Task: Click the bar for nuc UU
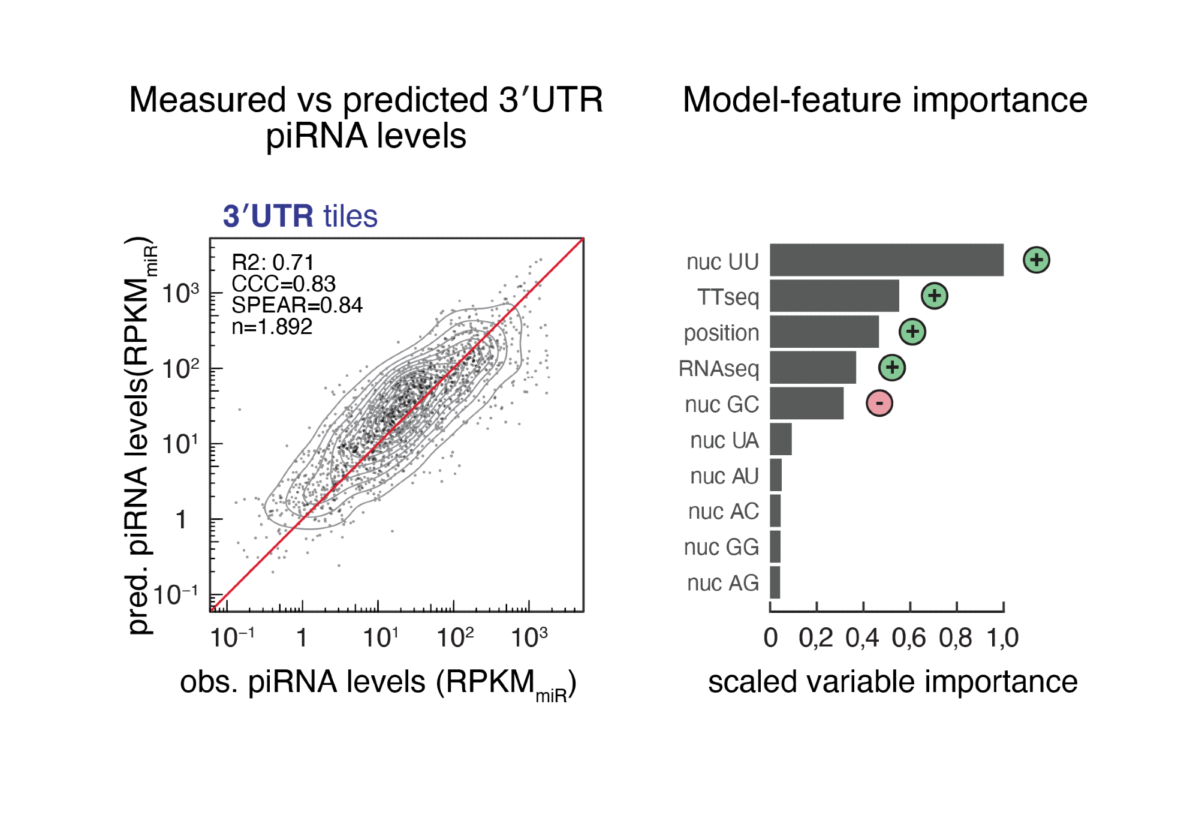tap(886, 260)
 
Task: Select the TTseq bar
tap(834, 296)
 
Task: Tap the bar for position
tap(824, 332)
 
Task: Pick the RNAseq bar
tap(812, 368)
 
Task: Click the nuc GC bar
tap(806, 403)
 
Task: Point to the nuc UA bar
tap(781, 439)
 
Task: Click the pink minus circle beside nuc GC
tap(879, 403)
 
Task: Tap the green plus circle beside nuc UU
tap(1036, 260)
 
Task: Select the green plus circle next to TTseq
tap(934, 296)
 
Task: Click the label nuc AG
tap(722, 583)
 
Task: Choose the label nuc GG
tap(721, 547)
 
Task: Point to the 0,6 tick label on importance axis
tap(909, 638)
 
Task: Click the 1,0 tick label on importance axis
tap(1002, 638)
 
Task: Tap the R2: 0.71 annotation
tap(273, 262)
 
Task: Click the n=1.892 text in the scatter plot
tap(272, 327)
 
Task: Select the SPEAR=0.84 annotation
tap(297, 305)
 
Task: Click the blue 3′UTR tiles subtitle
tap(300, 216)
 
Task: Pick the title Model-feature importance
tap(885, 100)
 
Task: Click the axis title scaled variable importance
tap(893, 682)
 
